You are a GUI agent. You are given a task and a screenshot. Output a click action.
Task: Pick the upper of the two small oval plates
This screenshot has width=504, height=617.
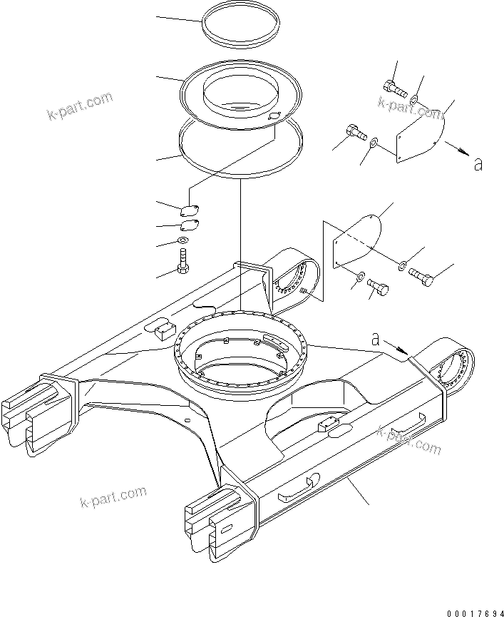point(189,210)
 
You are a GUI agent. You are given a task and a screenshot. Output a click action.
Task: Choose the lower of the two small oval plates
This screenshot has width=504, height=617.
point(190,225)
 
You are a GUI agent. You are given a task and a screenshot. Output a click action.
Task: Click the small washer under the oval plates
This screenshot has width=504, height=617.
point(184,242)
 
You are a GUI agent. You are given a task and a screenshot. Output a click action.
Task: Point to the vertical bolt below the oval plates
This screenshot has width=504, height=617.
point(185,262)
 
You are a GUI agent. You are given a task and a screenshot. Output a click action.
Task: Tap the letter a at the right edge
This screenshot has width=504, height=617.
point(478,164)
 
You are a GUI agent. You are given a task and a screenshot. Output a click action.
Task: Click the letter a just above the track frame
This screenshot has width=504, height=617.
point(375,340)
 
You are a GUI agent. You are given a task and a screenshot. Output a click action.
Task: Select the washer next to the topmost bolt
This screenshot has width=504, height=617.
point(415,100)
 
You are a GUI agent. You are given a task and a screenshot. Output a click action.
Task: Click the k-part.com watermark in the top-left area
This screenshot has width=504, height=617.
point(81,105)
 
